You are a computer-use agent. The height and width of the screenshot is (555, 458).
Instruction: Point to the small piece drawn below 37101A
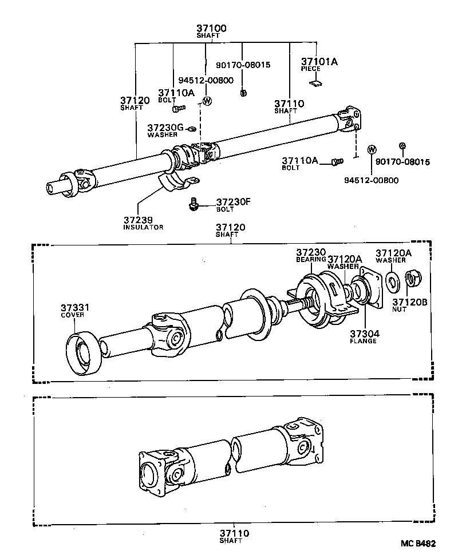315,84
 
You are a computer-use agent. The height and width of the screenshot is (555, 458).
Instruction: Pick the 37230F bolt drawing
195,203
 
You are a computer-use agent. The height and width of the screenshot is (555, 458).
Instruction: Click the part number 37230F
234,202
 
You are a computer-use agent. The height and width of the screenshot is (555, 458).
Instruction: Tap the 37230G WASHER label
164,130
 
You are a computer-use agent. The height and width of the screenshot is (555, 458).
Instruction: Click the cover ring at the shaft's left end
84,353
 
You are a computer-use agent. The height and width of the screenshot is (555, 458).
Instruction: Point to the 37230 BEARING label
311,255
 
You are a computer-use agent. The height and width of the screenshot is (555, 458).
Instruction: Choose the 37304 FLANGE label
363,336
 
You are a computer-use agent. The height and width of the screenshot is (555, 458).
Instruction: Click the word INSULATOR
143,227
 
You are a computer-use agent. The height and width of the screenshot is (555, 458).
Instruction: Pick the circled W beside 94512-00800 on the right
372,150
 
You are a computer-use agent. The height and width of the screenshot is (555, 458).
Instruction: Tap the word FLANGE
363,341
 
